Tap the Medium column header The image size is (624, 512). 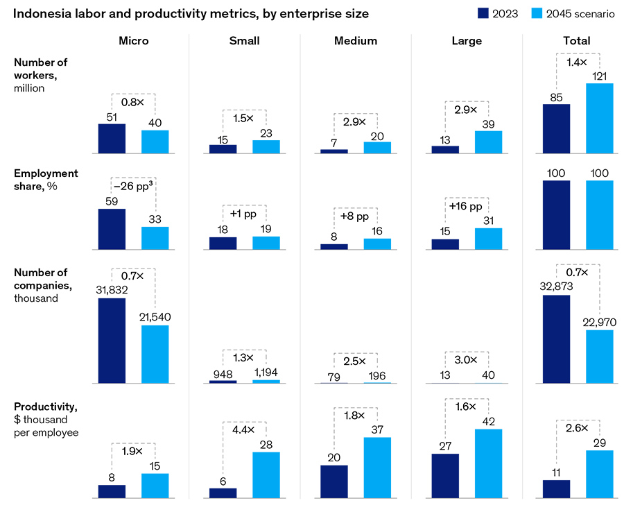pyautogui.click(x=355, y=41)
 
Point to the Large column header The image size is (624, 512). pyautogui.click(x=466, y=41)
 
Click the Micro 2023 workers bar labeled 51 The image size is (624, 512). pyautogui.click(x=112, y=139)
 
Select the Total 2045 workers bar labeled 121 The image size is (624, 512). pyautogui.click(x=600, y=119)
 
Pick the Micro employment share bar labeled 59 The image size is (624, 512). pyautogui.click(x=112, y=229)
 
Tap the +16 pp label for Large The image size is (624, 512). pyautogui.click(x=467, y=207)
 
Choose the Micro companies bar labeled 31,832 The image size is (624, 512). pyautogui.click(x=112, y=341)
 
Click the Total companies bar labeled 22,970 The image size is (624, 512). pyautogui.click(x=600, y=357)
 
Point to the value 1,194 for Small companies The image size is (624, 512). pyautogui.click(x=266, y=372)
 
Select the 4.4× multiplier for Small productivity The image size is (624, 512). pyautogui.click(x=244, y=429)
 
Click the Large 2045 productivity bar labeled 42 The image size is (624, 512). pyautogui.click(x=488, y=463)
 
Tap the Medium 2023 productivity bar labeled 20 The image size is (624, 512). pyautogui.click(x=334, y=481)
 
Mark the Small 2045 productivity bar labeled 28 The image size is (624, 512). pyautogui.click(x=266, y=475)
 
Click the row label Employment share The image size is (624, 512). pyautogui.click(x=46, y=179)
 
